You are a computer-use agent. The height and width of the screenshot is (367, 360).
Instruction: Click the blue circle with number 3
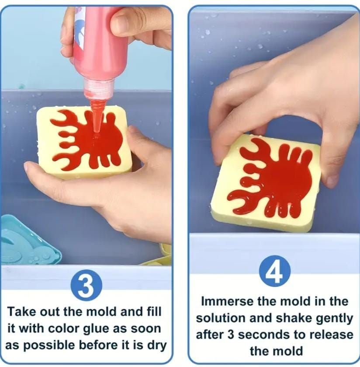click(x=87, y=286)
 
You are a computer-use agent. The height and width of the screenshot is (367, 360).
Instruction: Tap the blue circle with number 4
click(x=275, y=271)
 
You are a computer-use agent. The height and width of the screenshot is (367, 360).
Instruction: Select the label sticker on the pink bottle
click(x=79, y=31)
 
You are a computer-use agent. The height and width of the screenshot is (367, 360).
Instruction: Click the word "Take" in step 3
click(x=22, y=312)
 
